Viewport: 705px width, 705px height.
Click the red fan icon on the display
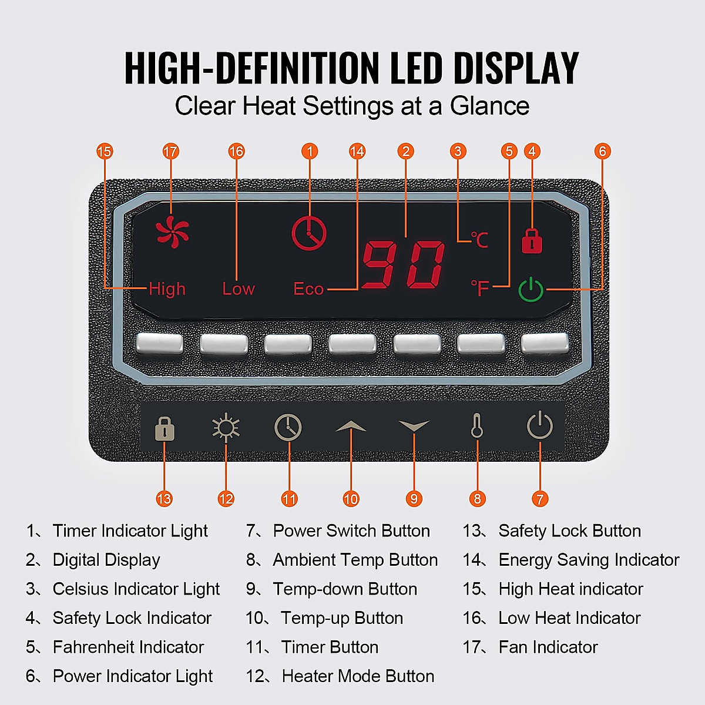[x=172, y=231]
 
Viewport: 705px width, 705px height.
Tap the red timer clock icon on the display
[x=309, y=233]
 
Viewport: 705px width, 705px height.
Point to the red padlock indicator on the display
[x=532, y=240]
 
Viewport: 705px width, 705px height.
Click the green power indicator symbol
[x=531, y=289]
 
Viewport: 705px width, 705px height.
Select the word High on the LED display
[x=167, y=289]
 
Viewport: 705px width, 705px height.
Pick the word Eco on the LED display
[x=308, y=289]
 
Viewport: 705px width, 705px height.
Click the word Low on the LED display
[x=239, y=289]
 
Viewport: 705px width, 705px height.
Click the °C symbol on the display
[x=479, y=239]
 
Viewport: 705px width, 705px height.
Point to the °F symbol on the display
[x=480, y=288]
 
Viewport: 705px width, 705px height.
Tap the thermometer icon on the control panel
[x=477, y=427]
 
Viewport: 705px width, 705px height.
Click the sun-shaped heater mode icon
[x=226, y=427]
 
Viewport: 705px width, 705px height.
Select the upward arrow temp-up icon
[x=351, y=426]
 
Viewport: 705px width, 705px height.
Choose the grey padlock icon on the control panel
[x=164, y=429]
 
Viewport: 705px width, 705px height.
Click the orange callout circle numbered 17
[x=170, y=152]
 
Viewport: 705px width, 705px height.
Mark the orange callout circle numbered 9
[x=414, y=499]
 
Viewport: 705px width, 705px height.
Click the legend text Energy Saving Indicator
[x=589, y=560]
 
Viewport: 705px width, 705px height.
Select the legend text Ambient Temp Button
[x=355, y=560]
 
